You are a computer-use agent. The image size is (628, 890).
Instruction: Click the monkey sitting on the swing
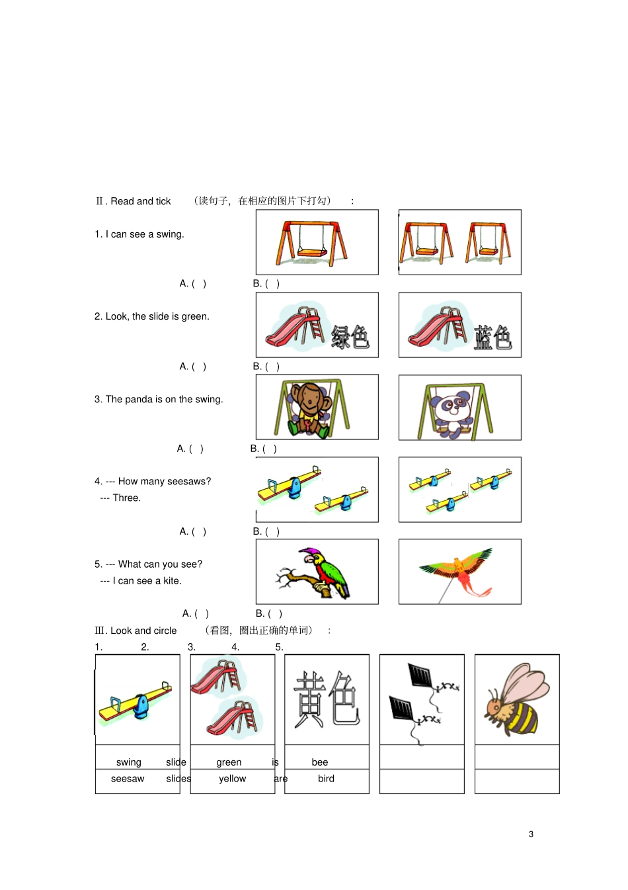[307, 409]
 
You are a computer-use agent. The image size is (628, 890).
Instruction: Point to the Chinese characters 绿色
[350, 337]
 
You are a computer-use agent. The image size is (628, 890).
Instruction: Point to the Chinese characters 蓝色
[492, 337]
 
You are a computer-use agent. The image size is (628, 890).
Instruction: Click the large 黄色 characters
[326, 699]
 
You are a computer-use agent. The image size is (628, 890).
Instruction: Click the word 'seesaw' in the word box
[128, 779]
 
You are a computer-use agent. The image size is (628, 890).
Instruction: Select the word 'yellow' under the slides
[232, 779]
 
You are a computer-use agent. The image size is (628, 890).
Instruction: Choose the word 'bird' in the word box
[326, 779]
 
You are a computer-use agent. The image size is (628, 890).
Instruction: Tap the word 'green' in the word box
[229, 762]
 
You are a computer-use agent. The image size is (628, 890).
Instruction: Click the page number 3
[531, 834]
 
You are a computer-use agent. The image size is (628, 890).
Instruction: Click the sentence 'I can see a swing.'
[145, 234]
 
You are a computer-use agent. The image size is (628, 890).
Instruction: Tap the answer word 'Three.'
[126, 498]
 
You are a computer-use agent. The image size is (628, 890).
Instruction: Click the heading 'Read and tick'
[140, 201]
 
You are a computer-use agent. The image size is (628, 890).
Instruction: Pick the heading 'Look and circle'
[143, 631]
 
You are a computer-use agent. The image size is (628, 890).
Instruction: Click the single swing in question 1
[311, 243]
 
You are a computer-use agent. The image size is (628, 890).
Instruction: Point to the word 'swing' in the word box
[128, 762]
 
